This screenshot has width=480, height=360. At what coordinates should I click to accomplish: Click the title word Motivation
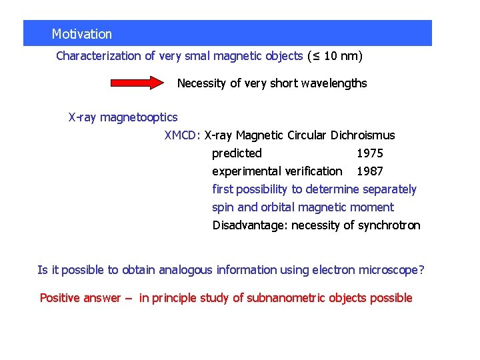click(x=82, y=34)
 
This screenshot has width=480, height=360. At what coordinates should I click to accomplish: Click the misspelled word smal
click(x=203, y=56)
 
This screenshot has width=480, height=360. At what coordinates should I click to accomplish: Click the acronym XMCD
click(x=181, y=135)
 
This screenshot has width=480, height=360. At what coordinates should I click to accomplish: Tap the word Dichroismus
click(x=361, y=135)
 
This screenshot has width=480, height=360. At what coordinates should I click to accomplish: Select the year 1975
click(x=370, y=153)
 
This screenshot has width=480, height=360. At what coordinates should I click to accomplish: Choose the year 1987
click(x=370, y=171)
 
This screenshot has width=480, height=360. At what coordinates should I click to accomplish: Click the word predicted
click(x=237, y=153)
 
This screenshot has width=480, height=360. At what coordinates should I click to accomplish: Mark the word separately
click(x=388, y=189)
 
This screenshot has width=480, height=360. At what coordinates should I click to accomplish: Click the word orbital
click(x=288, y=207)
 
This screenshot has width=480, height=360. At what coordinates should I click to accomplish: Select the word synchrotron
click(x=389, y=225)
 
